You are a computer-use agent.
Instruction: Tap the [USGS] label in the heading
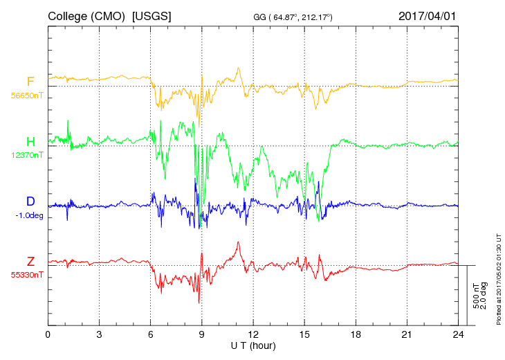tap(151, 15)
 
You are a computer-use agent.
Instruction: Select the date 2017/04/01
tap(428, 15)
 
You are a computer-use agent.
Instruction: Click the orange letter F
tap(30, 82)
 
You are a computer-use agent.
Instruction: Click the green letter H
tap(30, 141)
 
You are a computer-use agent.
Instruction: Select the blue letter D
tap(30, 201)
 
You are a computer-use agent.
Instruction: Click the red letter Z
tap(30, 261)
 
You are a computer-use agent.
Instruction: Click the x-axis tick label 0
tap(48, 334)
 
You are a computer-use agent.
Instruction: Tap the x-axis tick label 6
tap(151, 334)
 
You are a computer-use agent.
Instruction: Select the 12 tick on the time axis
tap(253, 334)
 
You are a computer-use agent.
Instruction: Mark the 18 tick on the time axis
tap(356, 334)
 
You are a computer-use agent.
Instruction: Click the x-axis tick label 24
tap(458, 334)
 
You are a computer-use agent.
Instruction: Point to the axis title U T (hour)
tap(253, 345)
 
